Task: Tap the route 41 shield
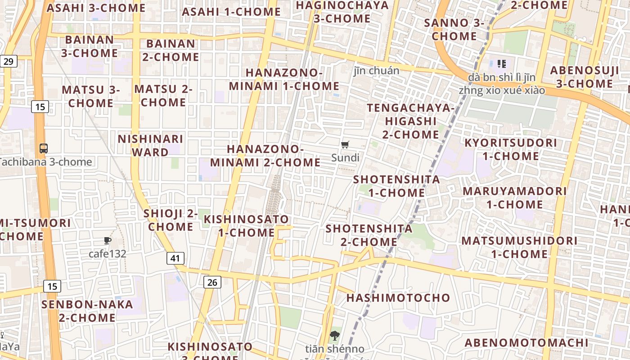tap(175, 258)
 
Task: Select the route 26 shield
tap(212, 282)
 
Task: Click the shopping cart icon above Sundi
tap(345, 145)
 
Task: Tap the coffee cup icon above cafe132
tap(107, 241)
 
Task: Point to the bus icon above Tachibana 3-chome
tap(44, 148)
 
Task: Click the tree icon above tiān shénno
tap(334, 336)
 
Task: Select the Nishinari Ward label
tap(150, 145)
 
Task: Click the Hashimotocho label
tap(398, 298)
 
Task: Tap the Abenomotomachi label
tap(526, 343)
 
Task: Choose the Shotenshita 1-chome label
tap(396, 186)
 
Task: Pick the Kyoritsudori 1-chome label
tap(511, 149)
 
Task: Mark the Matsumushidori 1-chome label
tap(519, 247)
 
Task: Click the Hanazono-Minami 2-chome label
tap(265, 155)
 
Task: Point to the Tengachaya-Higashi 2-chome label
tap(411, 121)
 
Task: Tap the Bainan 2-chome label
tap(171, 50)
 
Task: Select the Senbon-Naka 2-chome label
tap(87, 311)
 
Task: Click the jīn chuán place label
tap(377, 71)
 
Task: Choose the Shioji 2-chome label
tap(171, 220)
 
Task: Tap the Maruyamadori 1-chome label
tap(515, 198)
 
